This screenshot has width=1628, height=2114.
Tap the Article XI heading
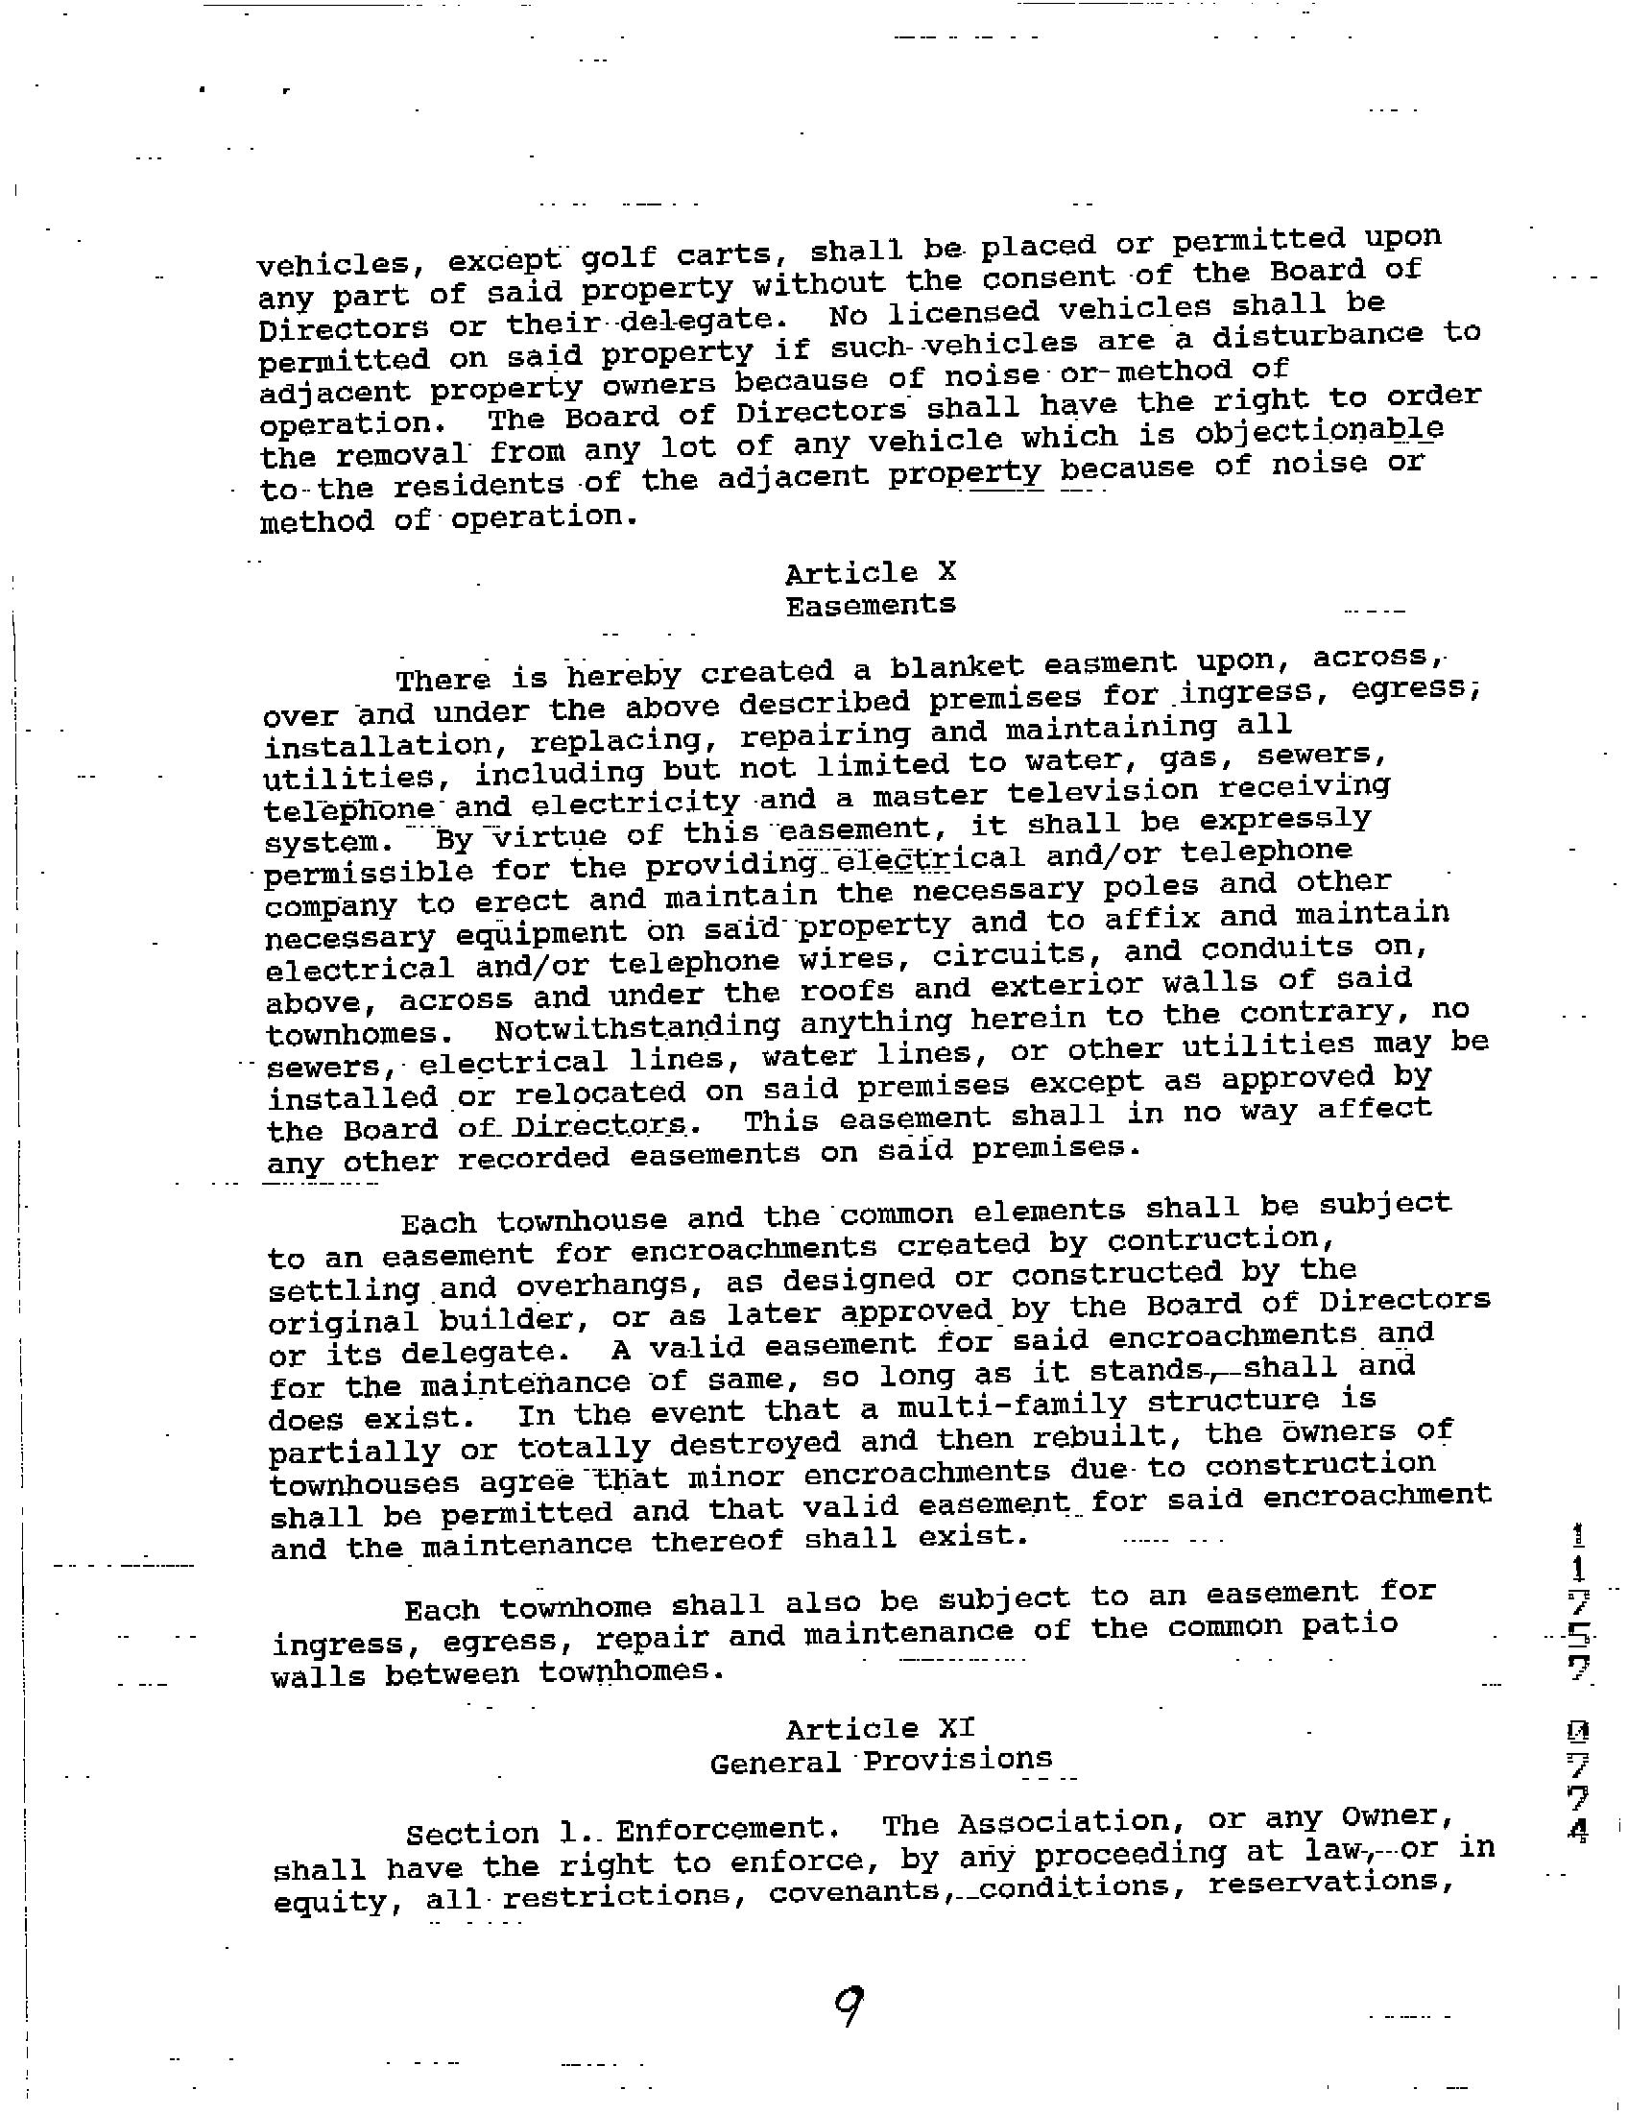pyautogui.click(x=880, y=1729)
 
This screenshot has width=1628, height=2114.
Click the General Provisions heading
pyautogui.click(x=880, y=1762)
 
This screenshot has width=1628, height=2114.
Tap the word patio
pyautogui.click(x=1349, y=1625)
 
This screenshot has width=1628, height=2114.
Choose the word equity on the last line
pyautogui.click(x=329, y=1902)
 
